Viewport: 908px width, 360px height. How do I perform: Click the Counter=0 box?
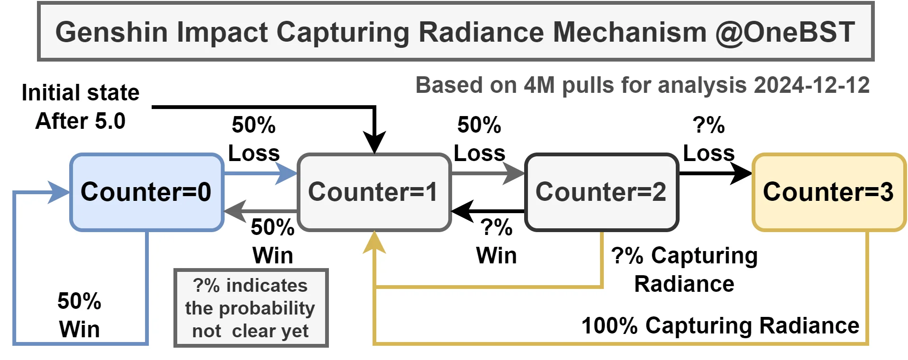(x=146, y=192)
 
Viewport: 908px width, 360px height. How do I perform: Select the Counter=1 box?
(x=373, y=192)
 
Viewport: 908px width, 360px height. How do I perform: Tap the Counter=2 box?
(x=601, y=192)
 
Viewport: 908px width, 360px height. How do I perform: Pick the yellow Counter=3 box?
(x=828, y=192)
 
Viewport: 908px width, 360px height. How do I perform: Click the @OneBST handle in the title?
(x=785, y=32)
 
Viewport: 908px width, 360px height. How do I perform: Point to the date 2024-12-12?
(x=811, y=85)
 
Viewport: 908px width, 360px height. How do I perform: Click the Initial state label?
(x=81, y=93)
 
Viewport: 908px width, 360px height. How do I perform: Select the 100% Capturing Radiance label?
(x=720, y=326)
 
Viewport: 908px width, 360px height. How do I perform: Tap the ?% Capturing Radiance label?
(x=684, y=270)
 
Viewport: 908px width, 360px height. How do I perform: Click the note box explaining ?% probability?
(x=251, y=308)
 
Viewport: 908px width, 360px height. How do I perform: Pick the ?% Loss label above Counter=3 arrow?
(x=708, y=139)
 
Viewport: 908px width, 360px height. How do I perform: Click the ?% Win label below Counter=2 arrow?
(x=496, y=242)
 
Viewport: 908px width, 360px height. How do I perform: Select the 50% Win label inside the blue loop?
(x=79, y=315)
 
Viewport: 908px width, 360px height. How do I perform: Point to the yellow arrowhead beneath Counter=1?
(x=374, y=243)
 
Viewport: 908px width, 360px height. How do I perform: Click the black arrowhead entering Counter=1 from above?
(x=374, y=142)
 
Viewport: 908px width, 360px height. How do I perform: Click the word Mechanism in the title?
(x=630, y=32)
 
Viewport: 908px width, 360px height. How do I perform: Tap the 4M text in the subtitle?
(x=539, y=85)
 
